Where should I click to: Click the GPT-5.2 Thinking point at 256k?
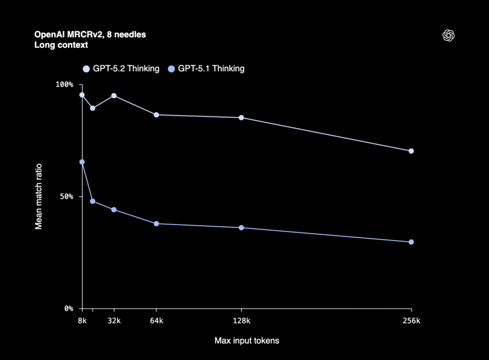pyautogui.click(x=411, y=151)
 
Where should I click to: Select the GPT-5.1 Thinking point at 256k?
pyautogui.click(x=411, y=242)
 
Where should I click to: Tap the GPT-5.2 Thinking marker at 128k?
pyautogui.click(x=241, y=117)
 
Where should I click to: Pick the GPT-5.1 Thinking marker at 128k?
pyautogui.click(x=241, y=228)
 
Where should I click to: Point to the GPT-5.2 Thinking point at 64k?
pyautogui.click(x=156, y=115)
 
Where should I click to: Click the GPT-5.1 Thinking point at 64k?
pyautogui.click(x=156, y=223)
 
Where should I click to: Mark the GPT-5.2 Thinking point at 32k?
pyautogui.click(x=114, y=95)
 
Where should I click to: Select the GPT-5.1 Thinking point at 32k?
pyautogui.click(x=114, y=210)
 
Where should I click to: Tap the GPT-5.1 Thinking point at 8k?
pyautogui.click(x=82, y=162)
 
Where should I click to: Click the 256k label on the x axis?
pyautogui.click(x=411, y=321)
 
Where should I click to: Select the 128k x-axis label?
pyautogui.click(x=241, y=321)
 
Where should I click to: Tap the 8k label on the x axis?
pyautogui.click(x=82, y=321)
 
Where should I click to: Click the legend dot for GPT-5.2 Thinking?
pyautogui.click(x=86, y=69)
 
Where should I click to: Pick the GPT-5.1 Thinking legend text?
pyautogui.click(x=211, y=69)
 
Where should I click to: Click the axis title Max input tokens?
pyautogui.click(x=246, y=341)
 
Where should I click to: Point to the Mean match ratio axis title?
pyautogui.click(x=39, y=196)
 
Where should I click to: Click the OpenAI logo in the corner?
pyautogui.click(x=448, y=35)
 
